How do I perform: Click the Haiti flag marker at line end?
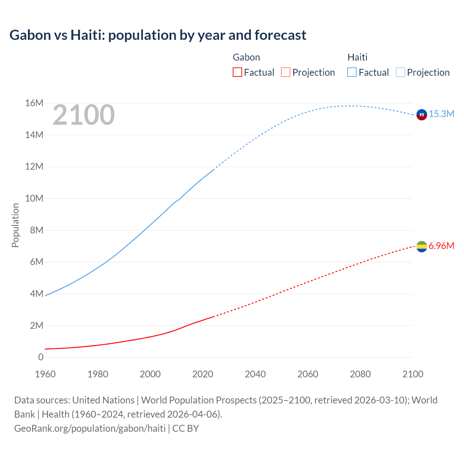pyautogui.click(x=422, y=115)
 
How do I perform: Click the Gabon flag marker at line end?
pyautogui.click(x=422, y=247)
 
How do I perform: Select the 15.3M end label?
pyautogui.click(x=442, y=114)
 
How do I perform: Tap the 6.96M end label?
pyautogui.click(x=441, y=246)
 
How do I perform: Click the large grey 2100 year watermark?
pyautogui.click(x=83, y=115)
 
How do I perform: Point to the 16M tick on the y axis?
pyautogui.click(x=34, y=103)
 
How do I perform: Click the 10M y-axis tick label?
pyautogui.click(x=34, y=198)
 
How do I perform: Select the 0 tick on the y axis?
pyautogui.click(x=41, y=357)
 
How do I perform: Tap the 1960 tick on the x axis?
pyautogui.click(x=45, y=374)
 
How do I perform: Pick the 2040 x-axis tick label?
pyautogui.click(x=255, y=374)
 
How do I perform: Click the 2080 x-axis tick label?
pyautogui.click(x=360, y=374)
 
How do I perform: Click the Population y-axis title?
pyautogui.click(x=15, y=225)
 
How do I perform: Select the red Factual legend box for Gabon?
pyautogui.click(x=237, y=72)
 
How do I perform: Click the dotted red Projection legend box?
pyautogui.click(x=286, y=72)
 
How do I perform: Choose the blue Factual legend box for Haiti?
pyautogui.click(x=352, y=72)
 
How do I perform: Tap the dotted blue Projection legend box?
pyautogui.click(x=401, y=72)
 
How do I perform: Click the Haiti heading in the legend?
pyautogui.click(x=357, y=57)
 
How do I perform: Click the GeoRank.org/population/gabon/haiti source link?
pyautogui.click(x=90, y=428)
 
